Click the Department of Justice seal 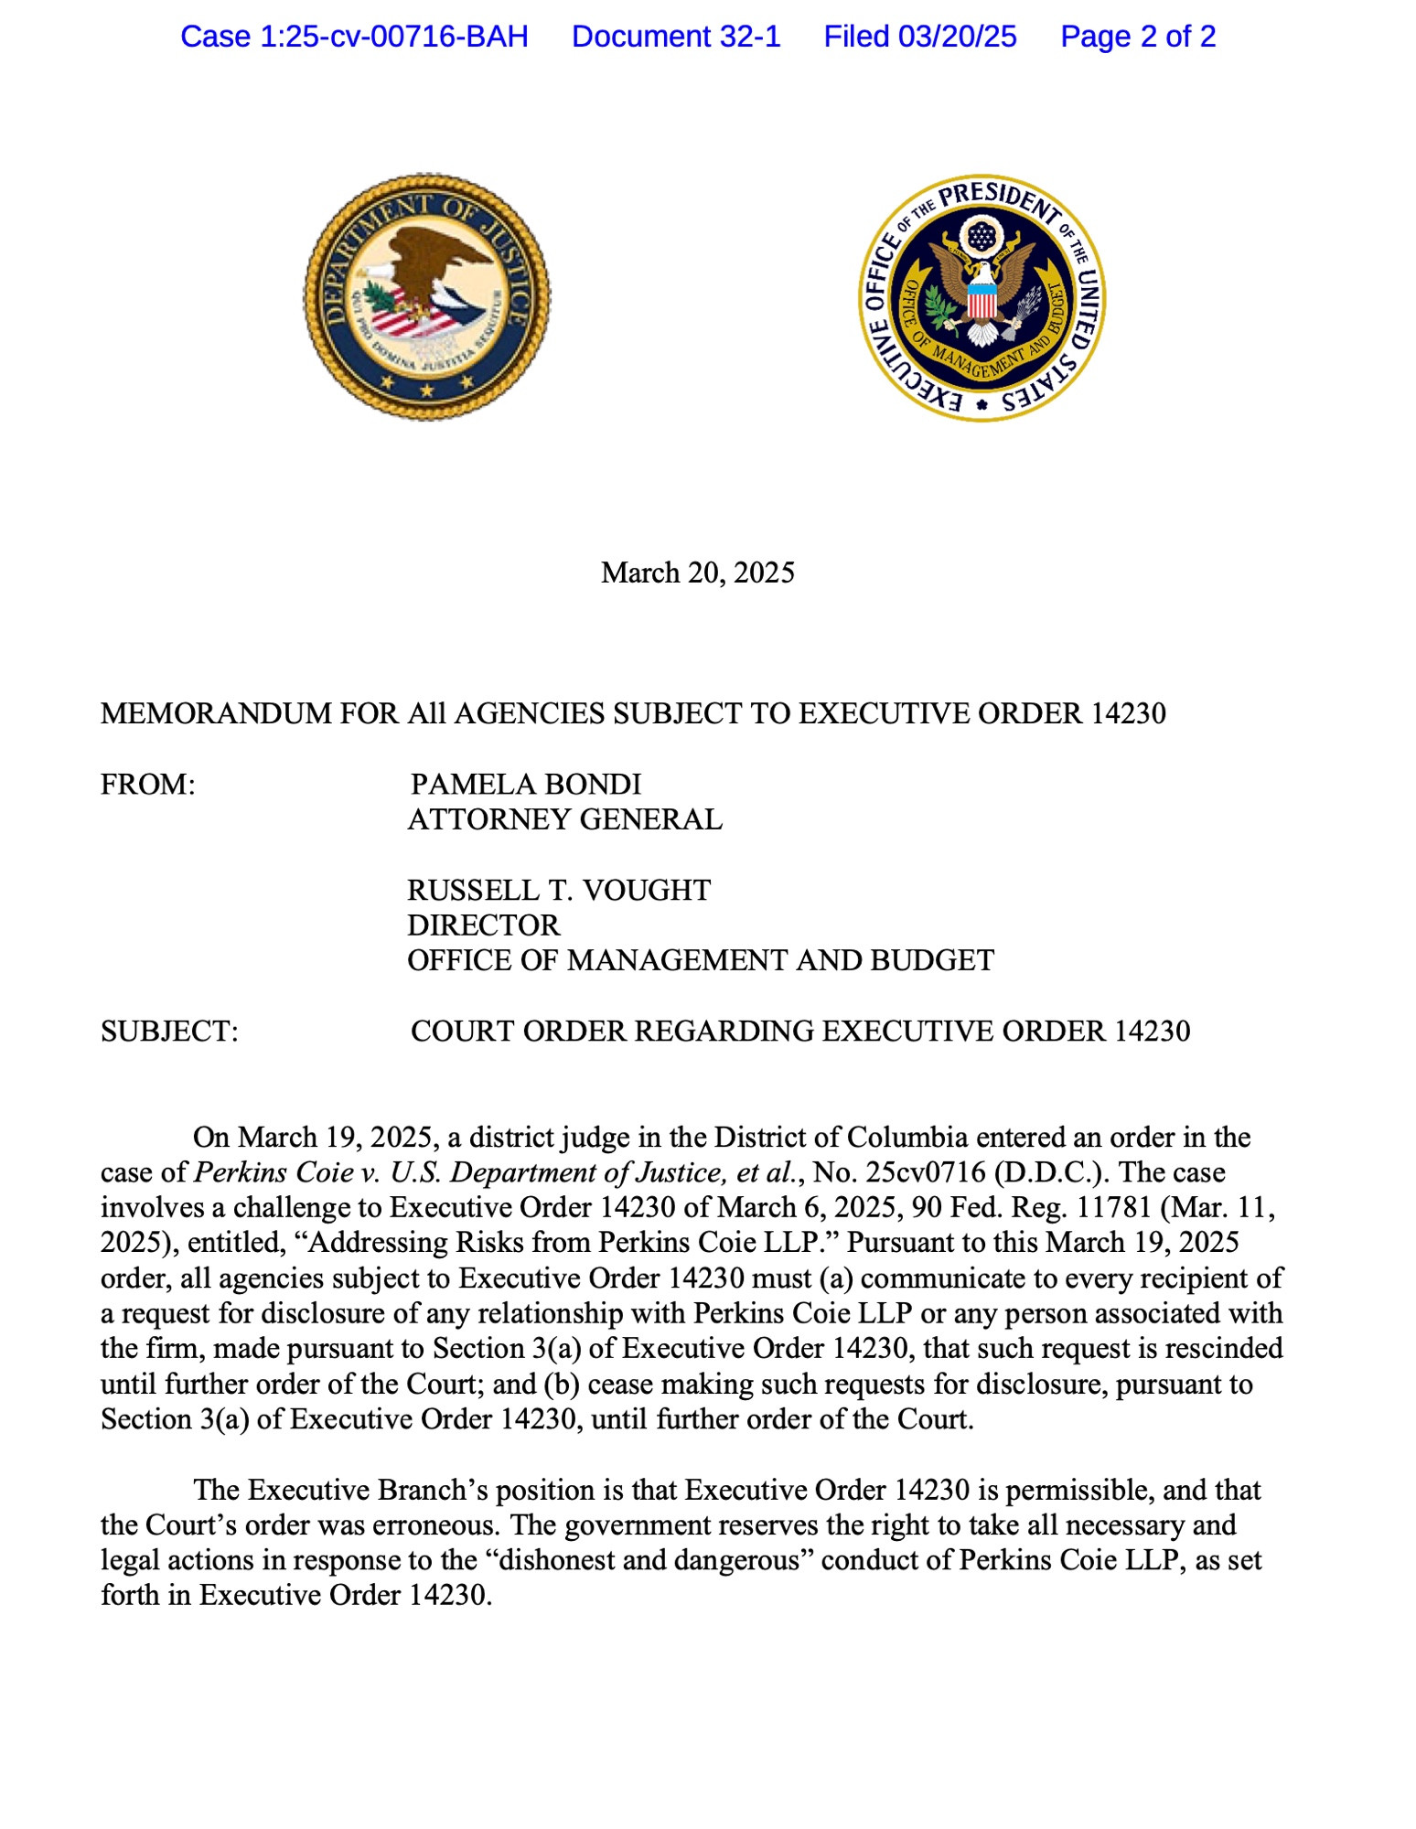tap(427, 296)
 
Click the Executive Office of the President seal tap(982, 297)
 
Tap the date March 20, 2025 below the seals tap(697, 572)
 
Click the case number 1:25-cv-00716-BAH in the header tap(354, 37)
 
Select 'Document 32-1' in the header tap(676, 37)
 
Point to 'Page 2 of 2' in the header tap(1138, 37)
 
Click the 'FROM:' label tap(148, 785)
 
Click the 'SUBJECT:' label tap(169, 1031)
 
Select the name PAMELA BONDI tap(526, 785)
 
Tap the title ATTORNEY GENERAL tap(564, 819)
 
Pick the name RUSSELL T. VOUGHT tap(559, 890)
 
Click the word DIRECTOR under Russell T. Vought tap(483, 925)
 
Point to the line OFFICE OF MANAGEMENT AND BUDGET tap(701, 960)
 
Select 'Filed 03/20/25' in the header tap(920, 37)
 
